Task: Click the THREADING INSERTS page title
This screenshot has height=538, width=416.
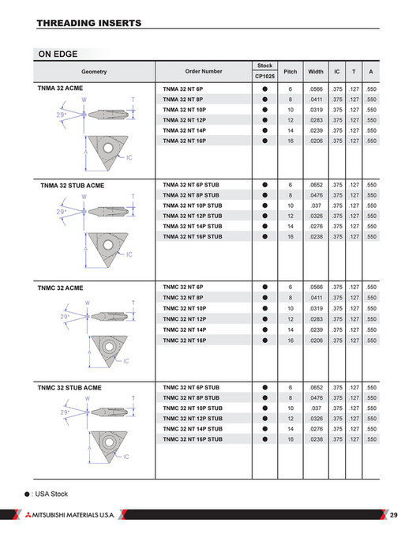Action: [89, 23]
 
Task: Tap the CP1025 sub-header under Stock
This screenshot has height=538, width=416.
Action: [264, 76]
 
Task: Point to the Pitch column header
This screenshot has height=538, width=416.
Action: [290, 71]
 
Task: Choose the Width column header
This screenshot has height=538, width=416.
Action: [316, 71]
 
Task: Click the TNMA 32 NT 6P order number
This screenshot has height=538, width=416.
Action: [182, 88]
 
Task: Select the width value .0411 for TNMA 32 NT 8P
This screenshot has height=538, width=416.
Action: [316, 100]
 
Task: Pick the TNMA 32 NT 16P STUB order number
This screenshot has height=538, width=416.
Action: [192, 236]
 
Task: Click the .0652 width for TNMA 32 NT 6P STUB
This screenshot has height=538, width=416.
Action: [316, 185]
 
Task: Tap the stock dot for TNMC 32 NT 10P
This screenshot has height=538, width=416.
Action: [265, 308]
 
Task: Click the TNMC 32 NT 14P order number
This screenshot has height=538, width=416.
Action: [184, 329]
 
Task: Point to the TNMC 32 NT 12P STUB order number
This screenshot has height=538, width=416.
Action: [192, 418]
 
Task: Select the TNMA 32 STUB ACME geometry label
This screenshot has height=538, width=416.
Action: [72, 186]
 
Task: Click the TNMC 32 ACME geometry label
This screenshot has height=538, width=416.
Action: [60, 288]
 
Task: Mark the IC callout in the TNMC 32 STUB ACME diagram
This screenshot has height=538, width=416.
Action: [126, 456]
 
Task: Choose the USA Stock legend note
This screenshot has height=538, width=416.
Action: [48, 494]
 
